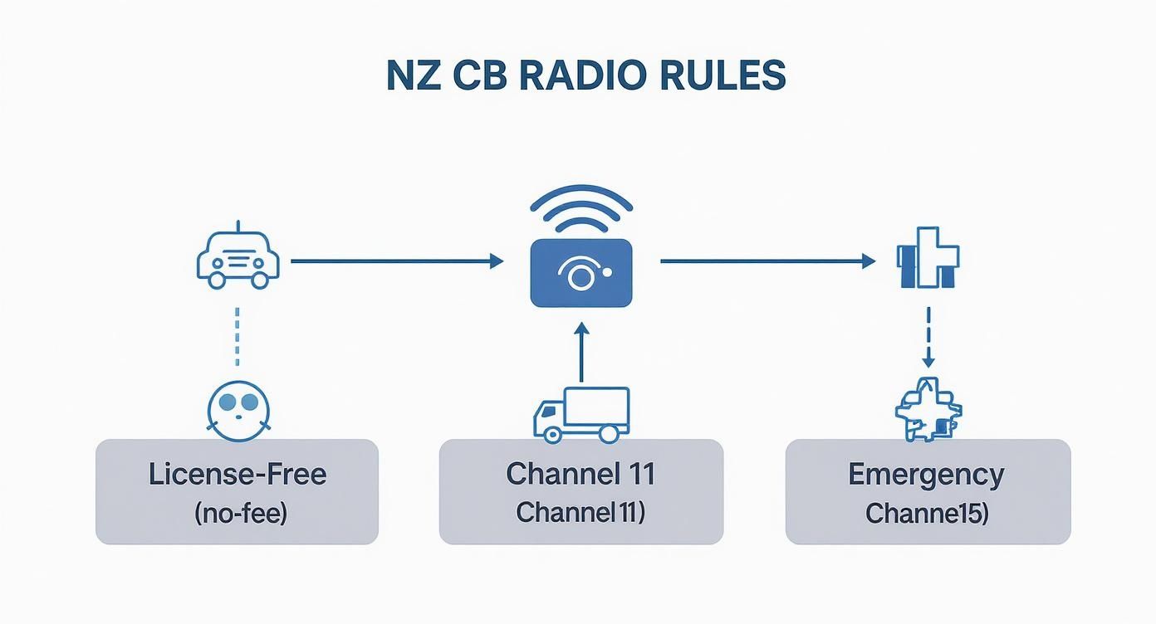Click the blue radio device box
tap(581, 272)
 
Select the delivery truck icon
tap(581, 415)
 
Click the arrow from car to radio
tap(397, 261)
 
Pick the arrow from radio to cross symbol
tap(767, 261)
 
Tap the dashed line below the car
tap(238, 336)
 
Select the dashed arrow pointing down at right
tap(928, 336)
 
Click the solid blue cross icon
tap(928, 257)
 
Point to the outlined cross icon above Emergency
tap(928, 409)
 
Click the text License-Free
tap(238, 475)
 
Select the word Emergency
tap(926, 475)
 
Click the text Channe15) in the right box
tap(926, 514)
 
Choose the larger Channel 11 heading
tap(580, 474)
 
